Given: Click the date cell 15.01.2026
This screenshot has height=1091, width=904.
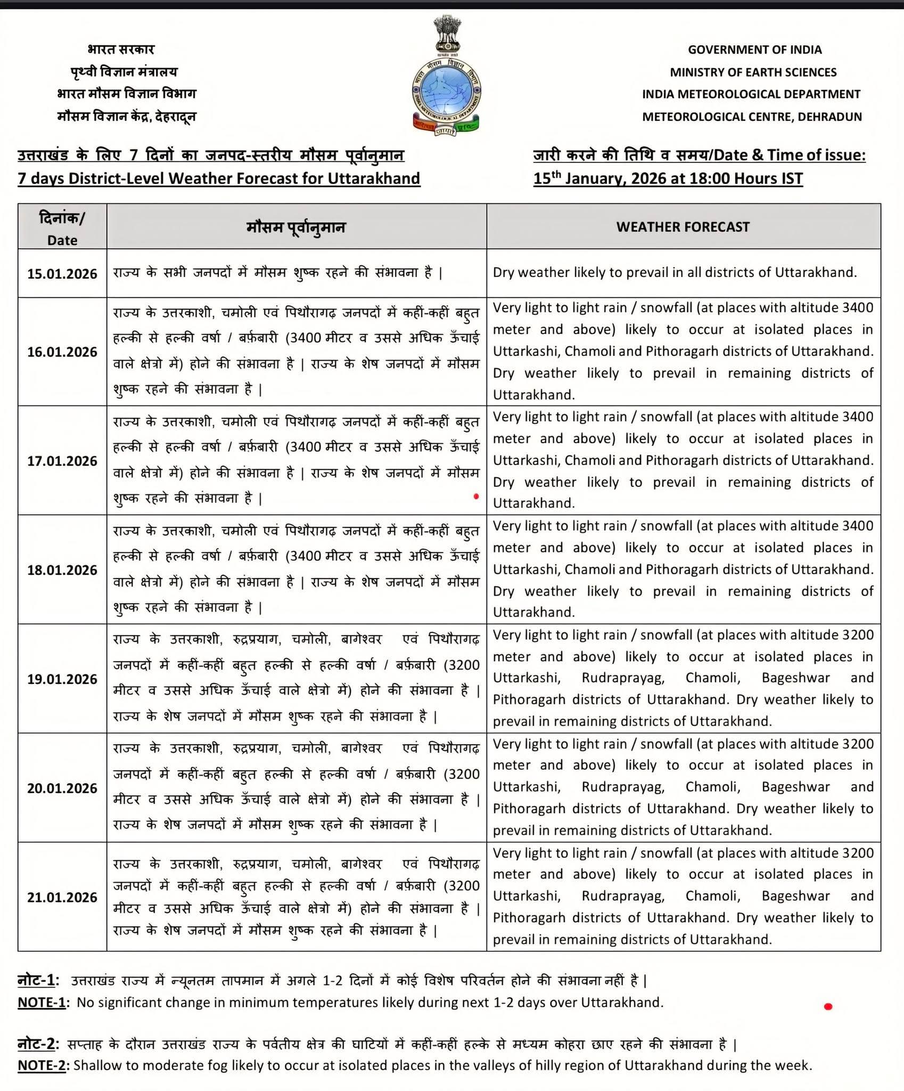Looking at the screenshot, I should click(62, 274).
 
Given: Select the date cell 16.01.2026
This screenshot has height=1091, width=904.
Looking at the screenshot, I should click(62, 352).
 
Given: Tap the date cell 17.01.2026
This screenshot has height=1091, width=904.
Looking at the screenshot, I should click(62, 461).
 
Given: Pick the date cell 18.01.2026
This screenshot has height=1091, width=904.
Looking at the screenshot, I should click(62, 571).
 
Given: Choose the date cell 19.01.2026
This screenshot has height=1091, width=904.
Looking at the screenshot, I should click(62, 680).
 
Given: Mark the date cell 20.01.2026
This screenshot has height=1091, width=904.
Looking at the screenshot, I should click(62, 789).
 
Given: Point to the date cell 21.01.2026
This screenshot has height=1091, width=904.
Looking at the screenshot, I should click(62, 898).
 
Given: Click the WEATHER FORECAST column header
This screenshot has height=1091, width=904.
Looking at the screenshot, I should click(683, 227).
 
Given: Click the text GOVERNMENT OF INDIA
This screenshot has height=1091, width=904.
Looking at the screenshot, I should click(754, 50).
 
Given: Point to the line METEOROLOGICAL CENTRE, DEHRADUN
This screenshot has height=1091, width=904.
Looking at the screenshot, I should click(752, 117).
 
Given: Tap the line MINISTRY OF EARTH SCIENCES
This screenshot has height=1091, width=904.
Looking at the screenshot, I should click(753, 72).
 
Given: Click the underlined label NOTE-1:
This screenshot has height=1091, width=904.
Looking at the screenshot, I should click(42, 1003).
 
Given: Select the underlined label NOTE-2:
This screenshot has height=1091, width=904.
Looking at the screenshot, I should click(42, 1065).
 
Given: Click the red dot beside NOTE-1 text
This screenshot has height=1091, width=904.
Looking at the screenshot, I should click(828, 1006).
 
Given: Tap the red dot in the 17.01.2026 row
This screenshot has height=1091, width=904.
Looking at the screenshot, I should click(476, 496).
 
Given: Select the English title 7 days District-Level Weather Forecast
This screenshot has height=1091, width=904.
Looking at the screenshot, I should click(219, 178).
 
